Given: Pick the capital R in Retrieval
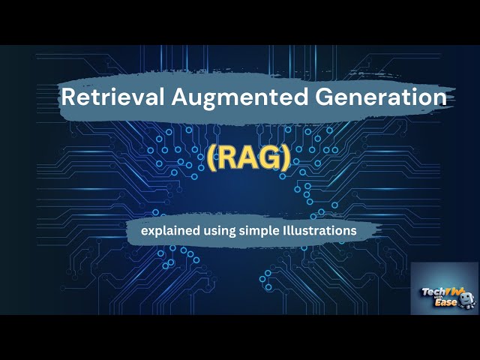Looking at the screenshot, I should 67,97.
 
